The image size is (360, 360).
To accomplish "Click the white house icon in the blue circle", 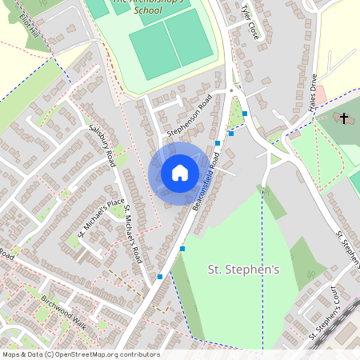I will pyautogui.click(x=180, y=172).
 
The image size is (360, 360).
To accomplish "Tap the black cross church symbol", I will pyautogui.click(x=344, y=119).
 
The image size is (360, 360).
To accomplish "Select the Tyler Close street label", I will pyautogui.click(x=250, y=22).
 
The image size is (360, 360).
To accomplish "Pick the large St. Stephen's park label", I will pyautogui.click(x=244, y=270).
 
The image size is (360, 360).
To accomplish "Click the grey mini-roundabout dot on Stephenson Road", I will pyautogui.click(x=231, y=91).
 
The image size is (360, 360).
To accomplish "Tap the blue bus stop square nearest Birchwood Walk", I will pyautogui.click(x=160, y=277).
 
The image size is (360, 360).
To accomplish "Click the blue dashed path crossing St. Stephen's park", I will pyautogui.click(x=263, y=264).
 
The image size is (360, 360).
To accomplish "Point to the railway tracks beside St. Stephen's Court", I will pyautogui.click(x=328, y=336).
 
